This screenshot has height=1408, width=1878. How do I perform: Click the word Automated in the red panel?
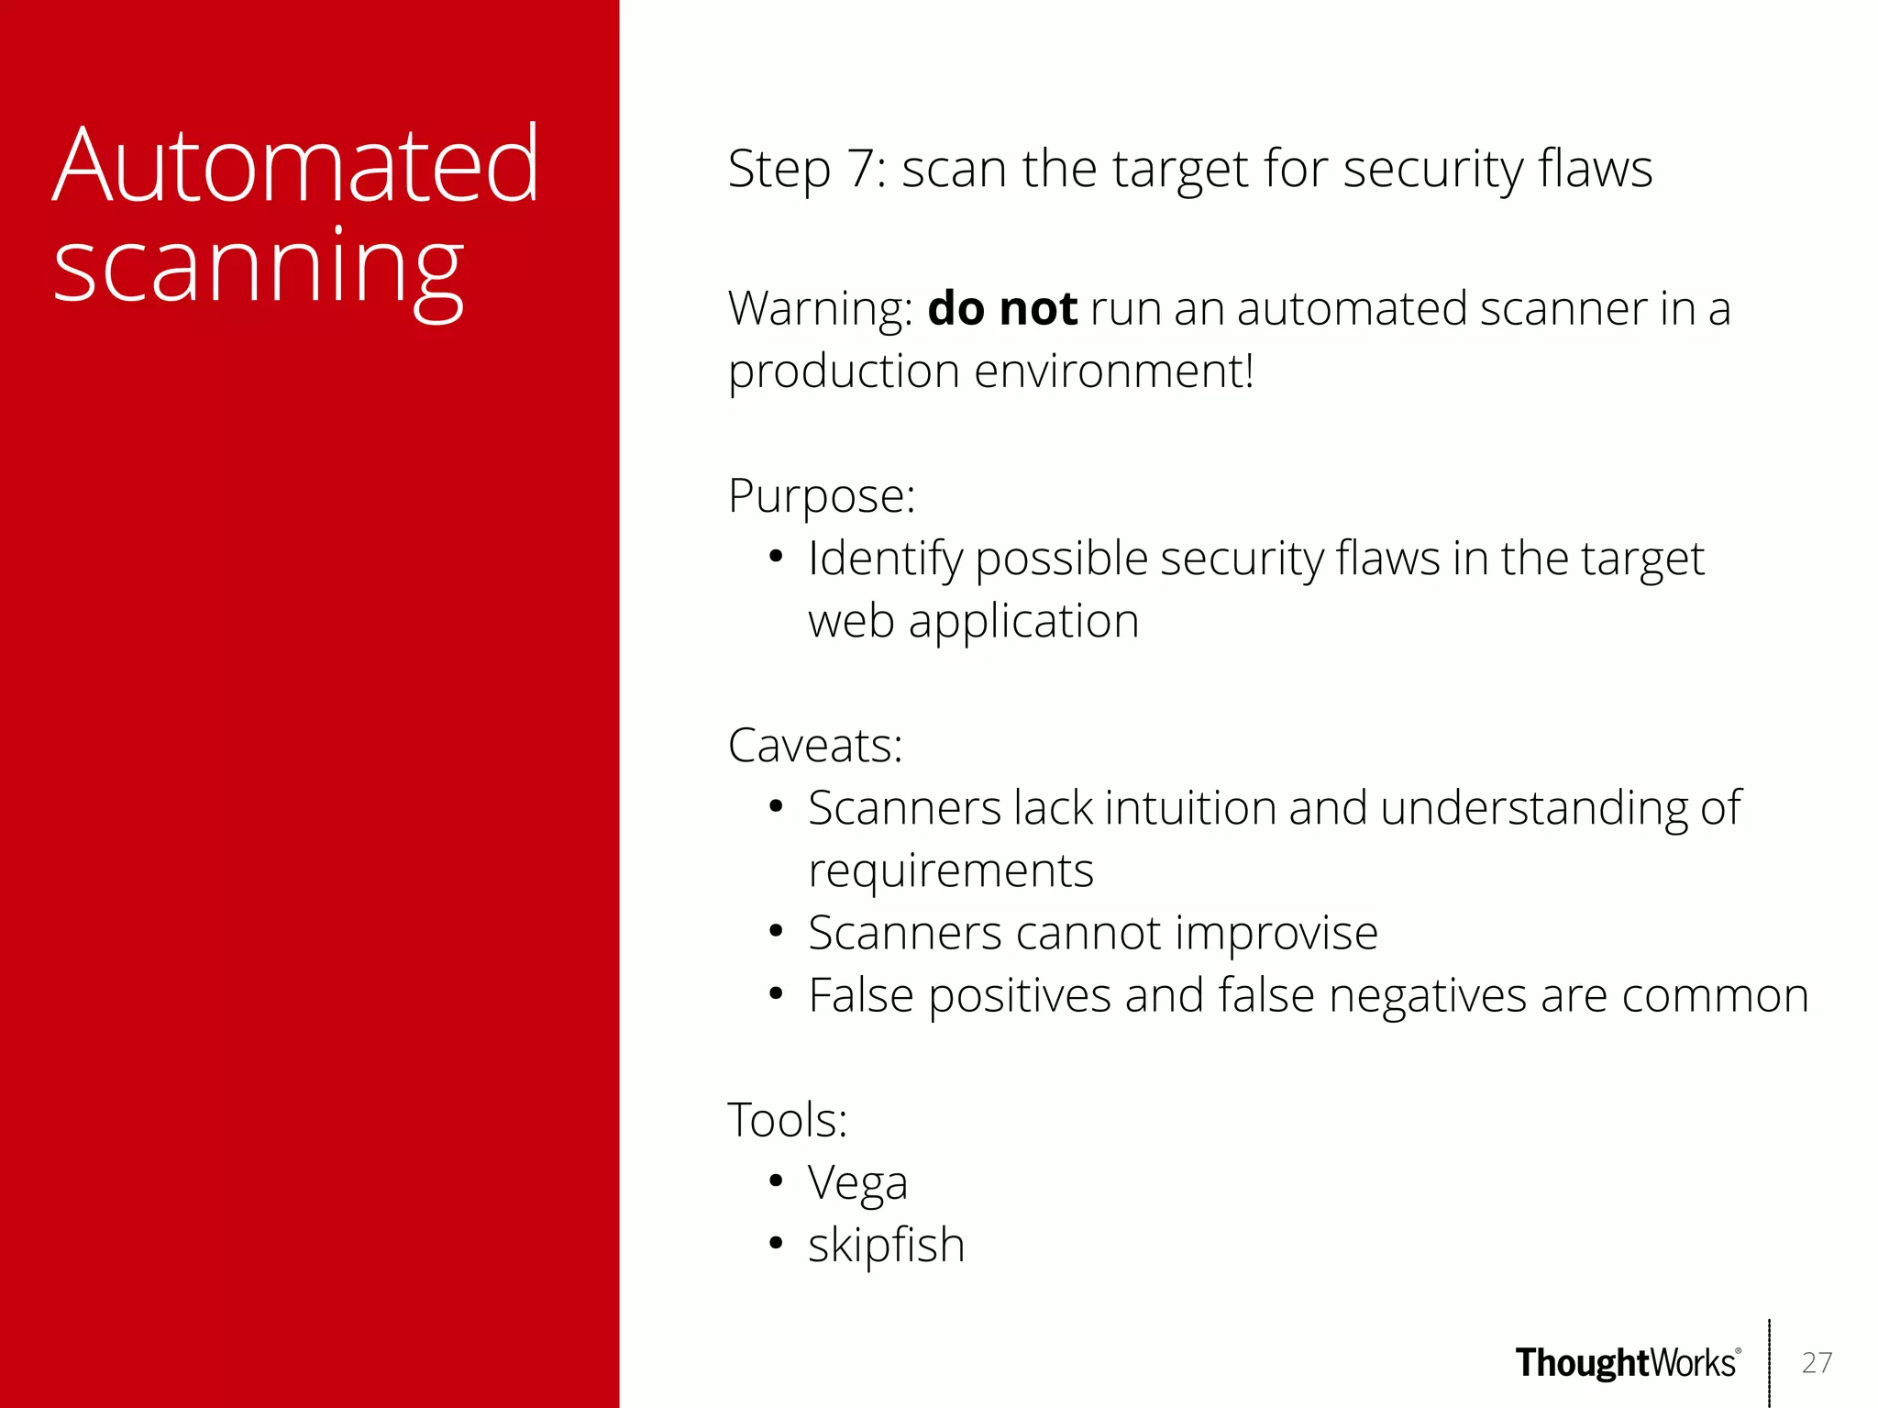(x=295, y=167)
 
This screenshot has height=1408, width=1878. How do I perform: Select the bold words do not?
(x=1001, y=309)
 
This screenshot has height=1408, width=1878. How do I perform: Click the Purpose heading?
(x=821, y=496)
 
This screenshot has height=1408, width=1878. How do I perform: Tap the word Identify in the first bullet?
(x=884, y=560)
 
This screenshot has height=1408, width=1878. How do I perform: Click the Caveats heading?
(x=814, y=746)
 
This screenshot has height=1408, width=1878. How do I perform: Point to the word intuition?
(x=1189, y=809)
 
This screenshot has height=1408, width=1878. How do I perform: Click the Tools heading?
(x=787, y=1120)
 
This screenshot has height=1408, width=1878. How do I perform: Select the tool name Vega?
(x=856, y=1183)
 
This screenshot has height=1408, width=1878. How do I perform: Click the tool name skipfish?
(x=886, y=1245)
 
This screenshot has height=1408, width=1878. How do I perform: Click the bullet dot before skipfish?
(x=776, y=1244)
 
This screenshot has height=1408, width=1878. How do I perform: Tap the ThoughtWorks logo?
(x=1627, y=1363)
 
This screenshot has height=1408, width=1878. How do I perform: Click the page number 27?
(x=1816, y=1363)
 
